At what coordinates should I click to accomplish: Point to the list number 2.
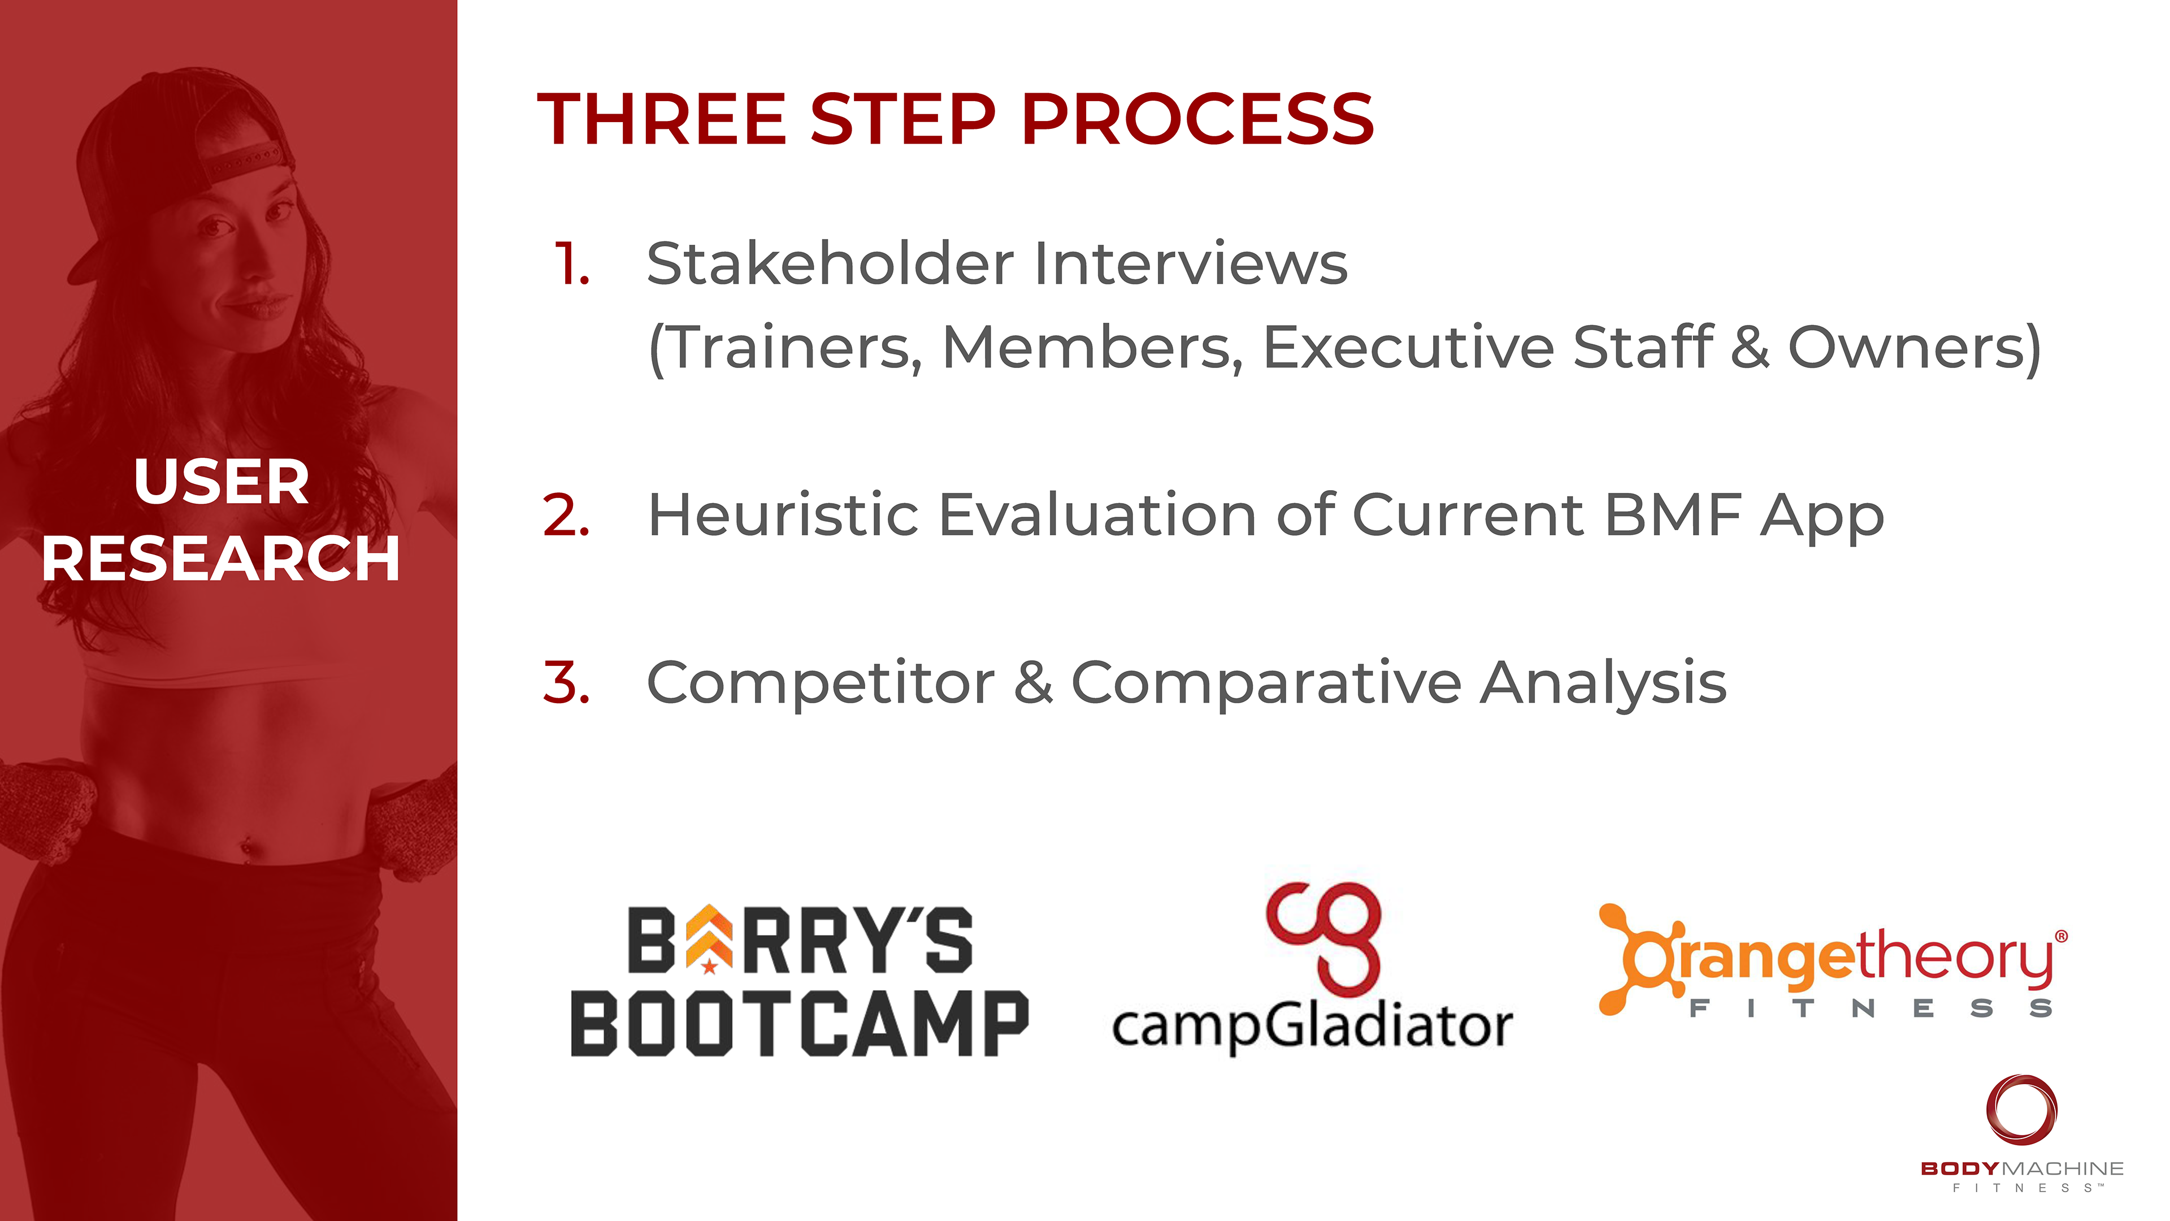566,515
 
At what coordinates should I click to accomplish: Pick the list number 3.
566,682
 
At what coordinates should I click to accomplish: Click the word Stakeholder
831,264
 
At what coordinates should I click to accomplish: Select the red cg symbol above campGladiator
1323,938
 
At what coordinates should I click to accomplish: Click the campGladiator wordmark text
1312,1027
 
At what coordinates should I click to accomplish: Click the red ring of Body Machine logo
2022,1109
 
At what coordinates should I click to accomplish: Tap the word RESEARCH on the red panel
221,558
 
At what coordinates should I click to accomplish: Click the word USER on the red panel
222,482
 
